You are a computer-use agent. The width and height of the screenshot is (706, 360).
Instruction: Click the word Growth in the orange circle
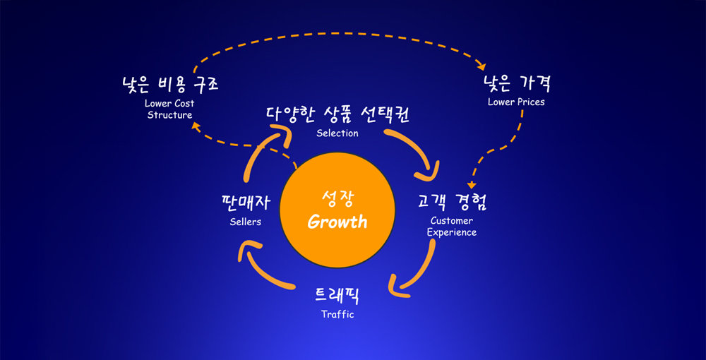pos(337,222)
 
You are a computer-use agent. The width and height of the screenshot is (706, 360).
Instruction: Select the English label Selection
pos(337,133)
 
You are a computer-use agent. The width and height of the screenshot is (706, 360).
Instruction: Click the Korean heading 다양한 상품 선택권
pos(337,114)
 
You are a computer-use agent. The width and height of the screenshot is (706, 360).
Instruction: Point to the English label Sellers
pos(246,222)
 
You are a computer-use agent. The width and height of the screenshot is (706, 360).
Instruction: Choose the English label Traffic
pos(337,314)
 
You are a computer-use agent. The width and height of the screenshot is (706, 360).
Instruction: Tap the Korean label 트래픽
pos(337,294)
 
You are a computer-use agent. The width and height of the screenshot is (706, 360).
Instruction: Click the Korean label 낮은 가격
pos(516,84)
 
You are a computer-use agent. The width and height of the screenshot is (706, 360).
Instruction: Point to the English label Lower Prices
pos(516,102)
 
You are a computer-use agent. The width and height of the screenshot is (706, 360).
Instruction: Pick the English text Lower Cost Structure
pos(169,109)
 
